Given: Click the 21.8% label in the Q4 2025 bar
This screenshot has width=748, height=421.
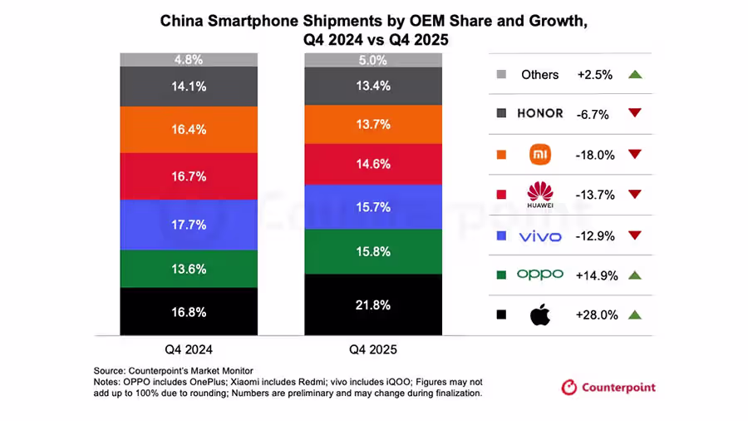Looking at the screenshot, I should [x=373, y=305].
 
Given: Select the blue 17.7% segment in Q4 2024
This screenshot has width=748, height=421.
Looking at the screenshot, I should [x=189, y=225].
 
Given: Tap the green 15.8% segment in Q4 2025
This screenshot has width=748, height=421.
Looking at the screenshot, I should [x=373, y=250].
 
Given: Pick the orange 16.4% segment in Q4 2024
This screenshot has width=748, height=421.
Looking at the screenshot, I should [x=189, y=130].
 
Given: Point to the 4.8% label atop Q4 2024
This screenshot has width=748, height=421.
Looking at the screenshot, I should [x=189, y=60].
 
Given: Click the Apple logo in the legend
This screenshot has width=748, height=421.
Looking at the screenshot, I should [x=540, y=315].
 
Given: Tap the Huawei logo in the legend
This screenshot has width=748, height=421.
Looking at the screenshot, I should [x=540, y=194].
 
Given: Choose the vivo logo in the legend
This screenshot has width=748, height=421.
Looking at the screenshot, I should [x=540, y=236].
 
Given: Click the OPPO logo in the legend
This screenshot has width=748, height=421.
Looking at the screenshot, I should [x=540, y=275].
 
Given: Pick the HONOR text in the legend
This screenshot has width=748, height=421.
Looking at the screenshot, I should [x=540, y=113].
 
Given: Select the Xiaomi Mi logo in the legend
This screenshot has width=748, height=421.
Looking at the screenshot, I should [x=540, y=154].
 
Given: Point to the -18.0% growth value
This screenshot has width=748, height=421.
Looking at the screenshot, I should [x=595, y=154].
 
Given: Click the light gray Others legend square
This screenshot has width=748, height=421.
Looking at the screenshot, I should [x=501, y=74].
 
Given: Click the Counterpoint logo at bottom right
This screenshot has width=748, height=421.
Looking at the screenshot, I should [x=608, y=387].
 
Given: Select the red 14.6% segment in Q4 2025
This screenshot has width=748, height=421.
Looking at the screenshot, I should [x=373, y=164].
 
